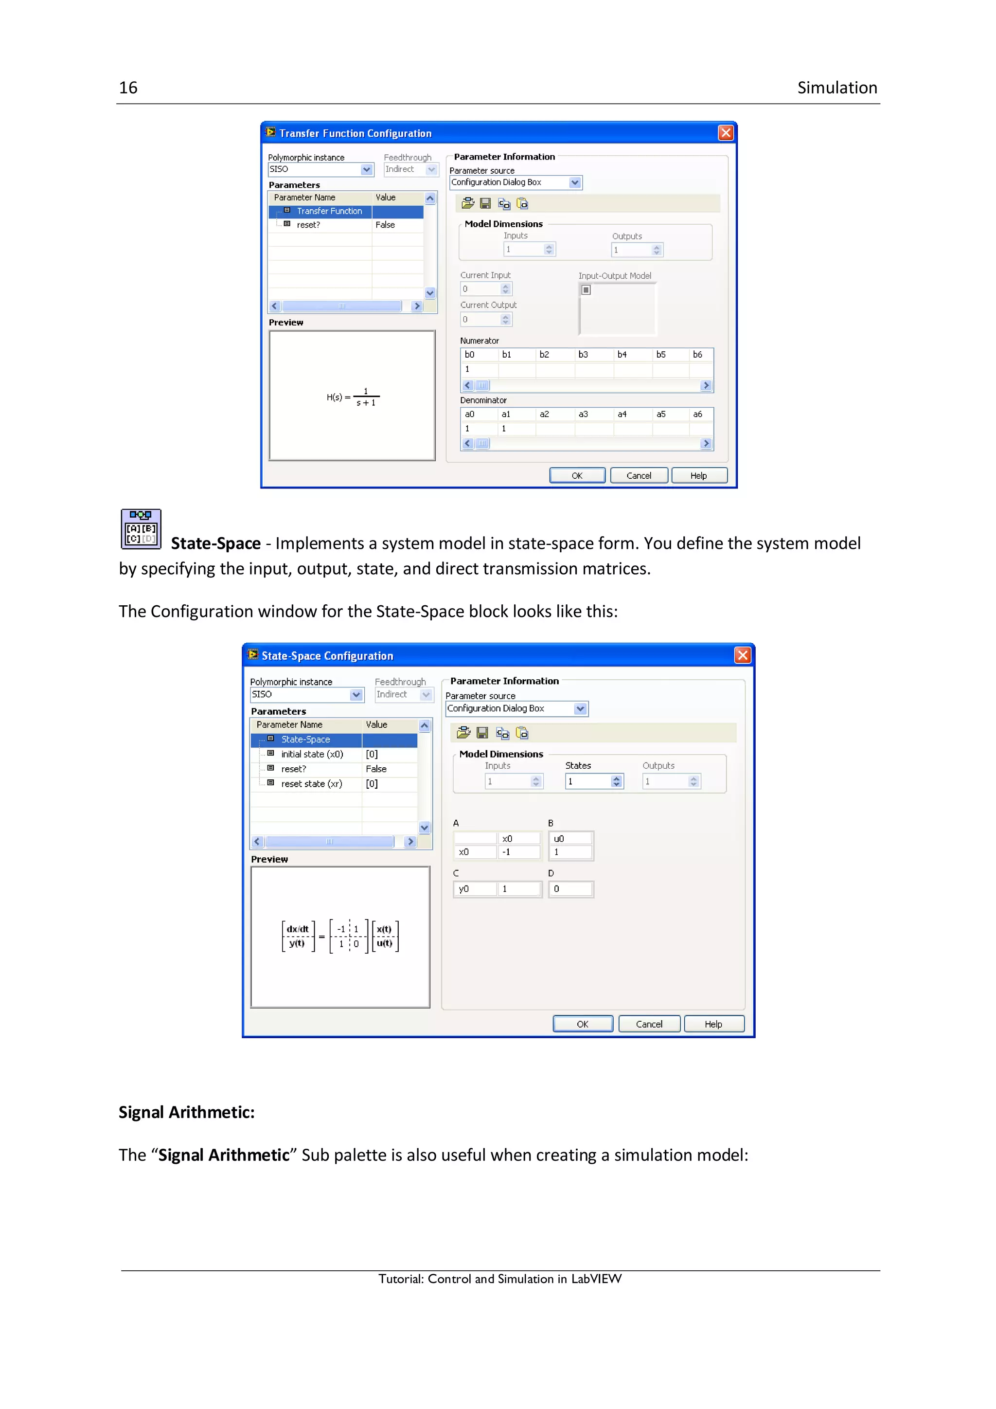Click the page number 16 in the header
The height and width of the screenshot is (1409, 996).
[x=128, y=88]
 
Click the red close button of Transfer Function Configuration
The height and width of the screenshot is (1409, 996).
[x=726, y=133]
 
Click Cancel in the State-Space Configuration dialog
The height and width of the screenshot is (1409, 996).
[x=649, y=1024]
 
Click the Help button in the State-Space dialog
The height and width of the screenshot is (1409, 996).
[x=713, y=1024]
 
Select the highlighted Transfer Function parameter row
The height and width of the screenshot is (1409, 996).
[x=329, y=211]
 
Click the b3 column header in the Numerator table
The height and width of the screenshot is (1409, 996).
[x=583, y=355]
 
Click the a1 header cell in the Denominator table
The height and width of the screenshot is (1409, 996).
[x=506, y=414]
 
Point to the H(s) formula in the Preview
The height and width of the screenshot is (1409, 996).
[x=353, y=397]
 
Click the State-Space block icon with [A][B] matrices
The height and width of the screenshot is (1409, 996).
[x=141, y=529]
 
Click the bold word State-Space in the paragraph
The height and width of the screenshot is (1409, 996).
[x=216, y=544]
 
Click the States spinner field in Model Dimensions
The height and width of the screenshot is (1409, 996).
[x=589, y=781]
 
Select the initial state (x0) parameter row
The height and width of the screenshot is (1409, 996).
[x=312, y=754]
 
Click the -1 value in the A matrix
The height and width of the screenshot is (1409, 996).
[x=519, y=852]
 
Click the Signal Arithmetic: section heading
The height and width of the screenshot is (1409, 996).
[x=186, y=1113]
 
